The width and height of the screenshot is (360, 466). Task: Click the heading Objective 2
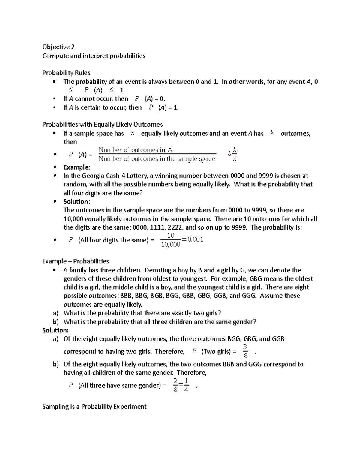pyautogui.click(x=58, y=47)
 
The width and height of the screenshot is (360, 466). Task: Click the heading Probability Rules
pyautogui.click(x=66, y=73)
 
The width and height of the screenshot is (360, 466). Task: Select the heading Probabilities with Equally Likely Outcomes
pyautogui.click(x=103, y=125)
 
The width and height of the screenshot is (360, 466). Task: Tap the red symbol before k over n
pyautogui.click(x=229, y=154)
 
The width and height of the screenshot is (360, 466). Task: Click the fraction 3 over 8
pyautogui.click(x=245, y=351)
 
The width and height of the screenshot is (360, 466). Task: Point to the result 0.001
pyautogui.click(x=195, y=239)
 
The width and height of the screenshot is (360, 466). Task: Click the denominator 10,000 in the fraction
pyautogui.click(x=171, y=245)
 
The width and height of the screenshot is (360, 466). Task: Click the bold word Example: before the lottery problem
pyautogui.click(x=77, y=167)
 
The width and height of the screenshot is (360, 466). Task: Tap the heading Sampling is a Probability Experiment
pyautogui.click(x=94, y=407)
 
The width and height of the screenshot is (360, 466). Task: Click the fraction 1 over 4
pyautogui.click(x=186, y=385)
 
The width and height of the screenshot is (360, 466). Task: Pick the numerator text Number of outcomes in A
pyautogui.click(x=136, y=150)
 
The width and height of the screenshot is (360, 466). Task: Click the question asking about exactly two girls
pyautogui.click(x=142, y=313)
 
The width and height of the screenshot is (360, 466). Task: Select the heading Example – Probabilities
pyautogui.click(x=76, y=261)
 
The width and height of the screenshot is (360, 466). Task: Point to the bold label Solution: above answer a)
pyautogui.click(x=55, y=330)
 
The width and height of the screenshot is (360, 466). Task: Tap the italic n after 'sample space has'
pyautogui.click(x=133, y=133)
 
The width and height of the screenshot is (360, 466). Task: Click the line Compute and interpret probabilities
pyautogui.click(x=94, y=56)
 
